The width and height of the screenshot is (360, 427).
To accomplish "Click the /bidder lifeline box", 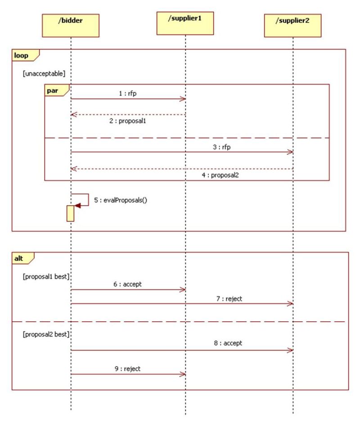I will [x=71, y=25].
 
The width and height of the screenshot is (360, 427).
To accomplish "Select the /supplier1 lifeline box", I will [x=185, y=23].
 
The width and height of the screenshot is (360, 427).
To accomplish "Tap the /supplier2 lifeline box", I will [x=292, y=25].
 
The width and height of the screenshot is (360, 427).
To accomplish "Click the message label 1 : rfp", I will [x=128, y=94].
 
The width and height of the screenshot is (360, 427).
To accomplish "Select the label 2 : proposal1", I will [x=127, y=121].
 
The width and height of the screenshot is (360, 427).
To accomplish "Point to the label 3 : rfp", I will [x=222, y=147].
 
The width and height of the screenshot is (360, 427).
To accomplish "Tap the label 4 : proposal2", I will [x=220, y=175].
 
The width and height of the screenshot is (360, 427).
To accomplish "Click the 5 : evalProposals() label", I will [x=121, y=200].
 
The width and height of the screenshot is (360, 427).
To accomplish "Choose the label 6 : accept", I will [x=128, y=284].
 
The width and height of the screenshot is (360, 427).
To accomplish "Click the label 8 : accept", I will [x=228, y=343].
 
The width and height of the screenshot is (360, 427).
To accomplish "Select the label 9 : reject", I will [x=127, y=369].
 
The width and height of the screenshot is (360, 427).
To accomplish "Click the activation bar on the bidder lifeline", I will [x=70, y=213].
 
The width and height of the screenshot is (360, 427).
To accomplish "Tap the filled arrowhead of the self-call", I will [x=77, y=206].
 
